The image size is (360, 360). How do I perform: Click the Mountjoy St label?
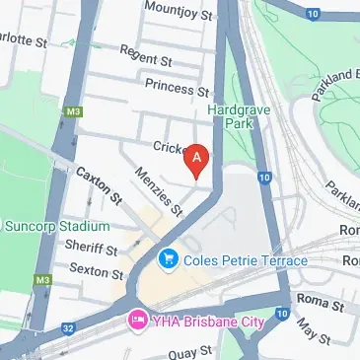[x=179, y=11]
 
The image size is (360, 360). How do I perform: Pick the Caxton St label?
[x=98, y=183]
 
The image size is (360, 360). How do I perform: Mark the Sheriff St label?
[x=91, y=249]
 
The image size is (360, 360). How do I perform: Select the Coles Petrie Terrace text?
[x=245, y=260]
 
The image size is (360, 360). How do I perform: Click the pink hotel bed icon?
[x=137, y=323]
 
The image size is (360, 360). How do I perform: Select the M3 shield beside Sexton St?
[x=42, y=281]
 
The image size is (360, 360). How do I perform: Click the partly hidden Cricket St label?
[x=170, y=147]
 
